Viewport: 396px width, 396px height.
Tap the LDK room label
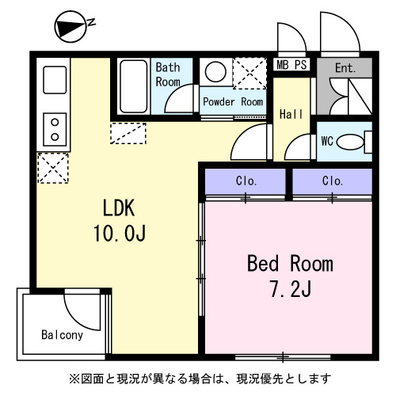coord(120,208)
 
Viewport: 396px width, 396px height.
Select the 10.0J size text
coord(120,234)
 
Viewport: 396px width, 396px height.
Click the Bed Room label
coord(290,263)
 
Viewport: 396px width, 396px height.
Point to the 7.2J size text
coord(290,289)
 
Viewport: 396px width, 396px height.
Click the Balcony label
coord(62,334)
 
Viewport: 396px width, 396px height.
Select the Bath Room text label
coord(168,74)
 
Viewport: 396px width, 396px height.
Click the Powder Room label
coord(232,102)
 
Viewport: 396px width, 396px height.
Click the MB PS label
coord(291,66)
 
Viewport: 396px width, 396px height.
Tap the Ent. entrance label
coord(345,68)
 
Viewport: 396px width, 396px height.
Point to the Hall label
coord(291,114)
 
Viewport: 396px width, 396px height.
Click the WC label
coord(327,142)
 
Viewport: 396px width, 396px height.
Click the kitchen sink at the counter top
coord(54,80)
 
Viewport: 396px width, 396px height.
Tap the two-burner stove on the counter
coord(54,128)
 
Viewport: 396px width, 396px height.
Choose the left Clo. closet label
coord(246,181)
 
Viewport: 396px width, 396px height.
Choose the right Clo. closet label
coord(333,181)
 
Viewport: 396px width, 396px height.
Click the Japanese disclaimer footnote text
coord(199,378)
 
